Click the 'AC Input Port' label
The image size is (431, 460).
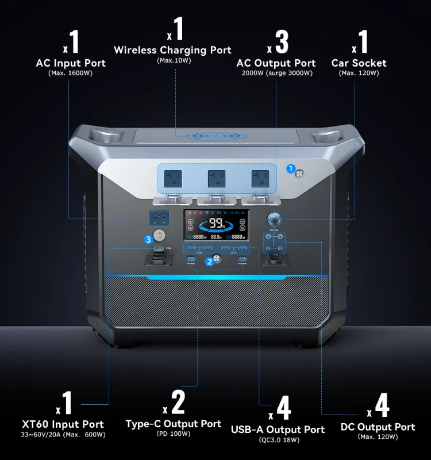click(x=70, y=63)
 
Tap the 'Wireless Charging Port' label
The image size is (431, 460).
click(x=172, y=50)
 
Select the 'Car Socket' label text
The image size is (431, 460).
click(x=359, y=63)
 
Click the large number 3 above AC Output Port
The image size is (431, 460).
click(x=281, y=42)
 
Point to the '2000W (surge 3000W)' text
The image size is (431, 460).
click(x=277, y=73)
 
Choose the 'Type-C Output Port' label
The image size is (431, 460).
click(x=173, y=424)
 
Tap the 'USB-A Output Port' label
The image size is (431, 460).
click(x=278, y=430)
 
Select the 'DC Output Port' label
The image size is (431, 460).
click(x=378, y=427)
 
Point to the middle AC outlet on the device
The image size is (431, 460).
click(x=216, y=178)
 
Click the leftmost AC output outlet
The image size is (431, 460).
click(x=172, y=178)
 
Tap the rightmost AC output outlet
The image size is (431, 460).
click(x=259, y=178)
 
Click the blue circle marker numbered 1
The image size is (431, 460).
click(x=291, y=168)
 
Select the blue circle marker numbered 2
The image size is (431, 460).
click(x=210, y=262)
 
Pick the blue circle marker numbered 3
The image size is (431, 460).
click(x=148, y=239)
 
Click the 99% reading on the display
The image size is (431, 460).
click(x=217, y=223)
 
